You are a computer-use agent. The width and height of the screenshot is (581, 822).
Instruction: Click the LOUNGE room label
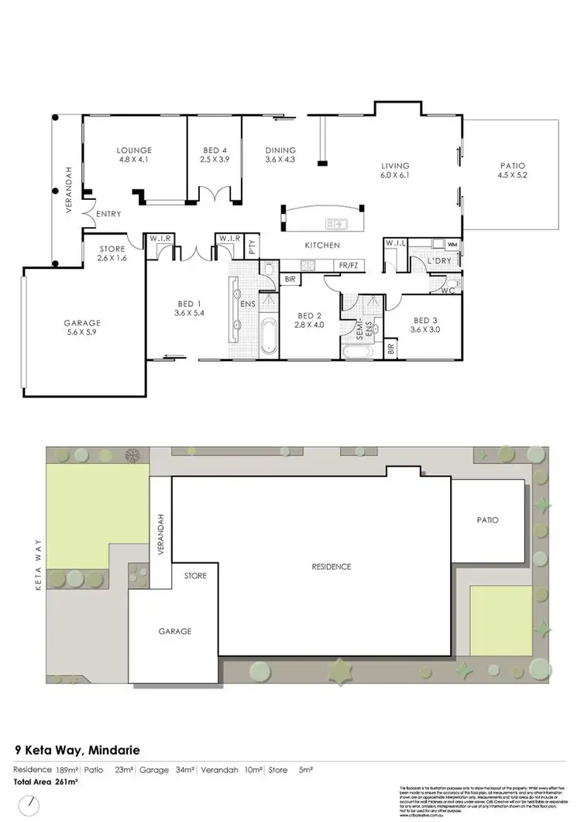[x=134, y=150]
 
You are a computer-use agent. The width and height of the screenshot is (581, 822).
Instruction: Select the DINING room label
[x=280, y=150]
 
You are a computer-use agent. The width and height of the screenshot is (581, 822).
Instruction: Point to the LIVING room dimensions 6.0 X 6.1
[x=394, y=176]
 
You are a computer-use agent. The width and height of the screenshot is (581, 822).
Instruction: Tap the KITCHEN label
[x=322, y=246]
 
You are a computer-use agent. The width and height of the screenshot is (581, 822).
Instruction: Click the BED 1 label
[x=187, y=303]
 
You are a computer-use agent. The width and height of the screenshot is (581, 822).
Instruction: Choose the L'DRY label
[x=439, y=262]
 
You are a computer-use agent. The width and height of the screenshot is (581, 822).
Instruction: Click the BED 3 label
[x=426, y=320]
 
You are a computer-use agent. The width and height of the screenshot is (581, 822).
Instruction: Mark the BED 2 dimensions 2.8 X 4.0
[x=309, y=325]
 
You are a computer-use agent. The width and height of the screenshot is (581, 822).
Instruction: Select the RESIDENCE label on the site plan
[x=332, y=566]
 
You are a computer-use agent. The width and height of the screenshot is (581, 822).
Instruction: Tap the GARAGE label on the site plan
[x=175, y=631]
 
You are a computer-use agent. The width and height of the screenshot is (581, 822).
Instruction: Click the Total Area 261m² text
[x=46, y=782]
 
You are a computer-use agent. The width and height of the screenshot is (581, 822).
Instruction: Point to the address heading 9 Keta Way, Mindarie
[x=77, y=750]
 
